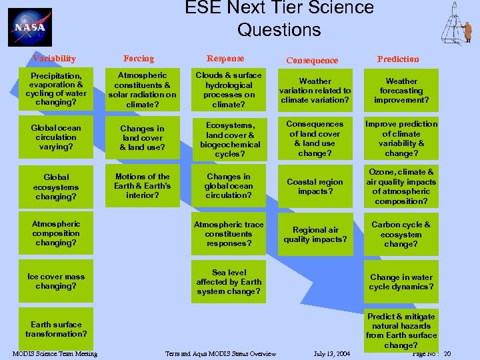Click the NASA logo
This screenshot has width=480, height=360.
[30, 27]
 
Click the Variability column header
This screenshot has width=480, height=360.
[55, 59]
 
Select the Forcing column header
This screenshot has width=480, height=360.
[139, 59]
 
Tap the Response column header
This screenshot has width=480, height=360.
[225, 59]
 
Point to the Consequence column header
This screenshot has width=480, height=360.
[312, 60]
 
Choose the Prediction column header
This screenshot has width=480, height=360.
[398, 59]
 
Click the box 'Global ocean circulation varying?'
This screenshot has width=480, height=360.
[56, 137]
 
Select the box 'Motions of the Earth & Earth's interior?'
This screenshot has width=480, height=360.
[142, 186]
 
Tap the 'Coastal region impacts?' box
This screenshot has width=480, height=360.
[315, 187]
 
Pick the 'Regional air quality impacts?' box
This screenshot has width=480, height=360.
[315, 235]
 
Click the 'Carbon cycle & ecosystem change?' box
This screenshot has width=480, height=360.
[401, 235]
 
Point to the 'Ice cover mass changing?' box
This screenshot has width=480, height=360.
[56, 281]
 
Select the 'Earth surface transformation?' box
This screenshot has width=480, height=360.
[56, 329]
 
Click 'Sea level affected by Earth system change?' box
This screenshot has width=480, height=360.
[229, 282]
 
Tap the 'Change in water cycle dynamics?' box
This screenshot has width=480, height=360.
[401, 282]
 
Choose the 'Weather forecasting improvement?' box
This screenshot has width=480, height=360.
[401, 91]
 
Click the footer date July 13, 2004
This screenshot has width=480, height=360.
[331, 353]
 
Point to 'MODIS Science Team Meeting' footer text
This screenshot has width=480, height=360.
[55, 353]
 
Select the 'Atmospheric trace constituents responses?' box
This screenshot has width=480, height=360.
[229, 235]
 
